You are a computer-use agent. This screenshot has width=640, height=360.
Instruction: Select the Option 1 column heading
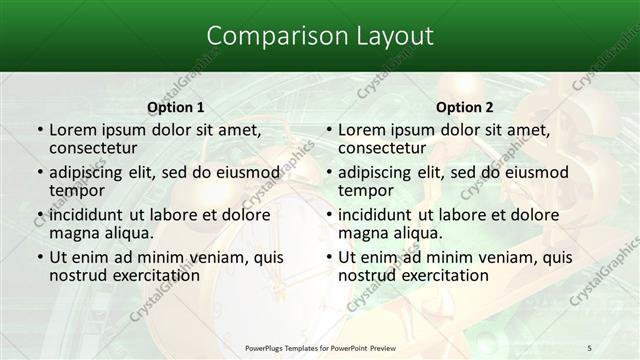176,107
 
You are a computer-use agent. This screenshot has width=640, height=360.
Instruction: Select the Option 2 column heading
465,107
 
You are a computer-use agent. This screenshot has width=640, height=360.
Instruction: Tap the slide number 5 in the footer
589,347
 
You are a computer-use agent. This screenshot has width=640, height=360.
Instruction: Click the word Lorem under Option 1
74,130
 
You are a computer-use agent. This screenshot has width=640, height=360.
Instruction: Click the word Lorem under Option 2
363,130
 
